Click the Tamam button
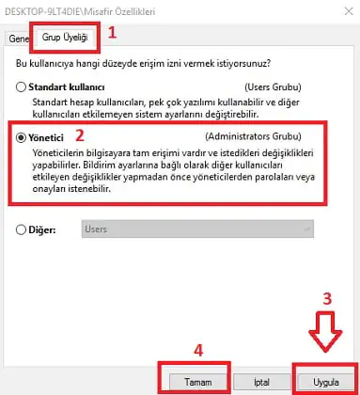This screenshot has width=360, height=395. pos(198,382)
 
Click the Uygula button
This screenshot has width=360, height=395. pos(326,382)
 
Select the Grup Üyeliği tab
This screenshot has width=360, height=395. pos(65,38)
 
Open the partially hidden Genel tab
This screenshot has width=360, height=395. pos(19,39)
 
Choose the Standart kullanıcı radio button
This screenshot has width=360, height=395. pos(21,87)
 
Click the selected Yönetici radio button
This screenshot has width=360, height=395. pos(21,137)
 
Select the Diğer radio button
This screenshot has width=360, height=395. pos(21,229)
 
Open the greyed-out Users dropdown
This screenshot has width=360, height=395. pos(197,229)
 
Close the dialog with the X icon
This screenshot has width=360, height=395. pos(349,11)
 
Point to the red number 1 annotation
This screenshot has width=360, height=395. pos(112,33)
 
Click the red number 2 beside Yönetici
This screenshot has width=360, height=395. pos(80,135)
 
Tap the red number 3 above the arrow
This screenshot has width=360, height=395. pos(327,299)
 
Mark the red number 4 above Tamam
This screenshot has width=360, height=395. pos(198,350)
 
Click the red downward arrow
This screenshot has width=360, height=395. pos(325,332)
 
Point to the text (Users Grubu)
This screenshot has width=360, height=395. pos(273,87)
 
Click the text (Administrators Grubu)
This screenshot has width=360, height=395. pos(253,136)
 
